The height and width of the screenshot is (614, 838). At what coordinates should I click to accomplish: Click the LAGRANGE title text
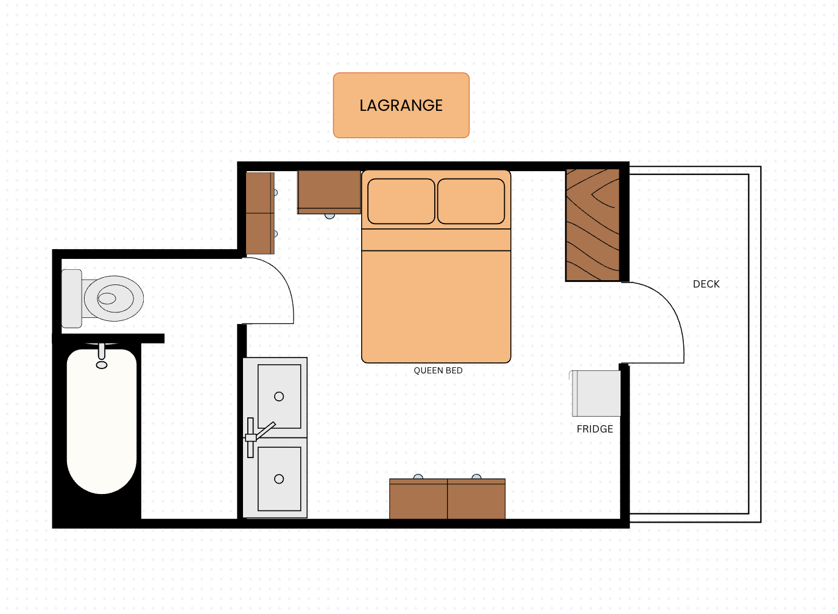coord(401,105)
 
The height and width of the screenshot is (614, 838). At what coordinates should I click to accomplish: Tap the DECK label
coord(706,284)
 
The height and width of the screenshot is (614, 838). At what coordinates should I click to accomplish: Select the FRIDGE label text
coord(594,429)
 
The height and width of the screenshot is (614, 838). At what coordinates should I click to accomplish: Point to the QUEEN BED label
coord(438,370)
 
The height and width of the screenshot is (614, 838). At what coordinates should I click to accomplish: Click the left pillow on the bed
coord(401,201)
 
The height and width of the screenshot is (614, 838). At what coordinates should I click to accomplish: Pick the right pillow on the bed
coord(471,201)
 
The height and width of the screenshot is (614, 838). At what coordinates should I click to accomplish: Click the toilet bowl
coord(113,298)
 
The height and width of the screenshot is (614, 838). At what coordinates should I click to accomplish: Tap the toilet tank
coord(71,298)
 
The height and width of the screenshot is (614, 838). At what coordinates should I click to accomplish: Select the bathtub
coord(101,422)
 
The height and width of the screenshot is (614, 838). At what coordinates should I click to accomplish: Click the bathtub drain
coord(101,365)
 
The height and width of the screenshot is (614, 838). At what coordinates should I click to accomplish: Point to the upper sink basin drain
coord(279,397)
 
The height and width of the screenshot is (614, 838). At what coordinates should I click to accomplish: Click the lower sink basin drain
coord(279,479)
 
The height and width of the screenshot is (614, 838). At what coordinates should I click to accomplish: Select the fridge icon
coord(595,393)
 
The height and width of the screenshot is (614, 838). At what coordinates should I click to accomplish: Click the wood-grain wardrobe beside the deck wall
coord(593,225)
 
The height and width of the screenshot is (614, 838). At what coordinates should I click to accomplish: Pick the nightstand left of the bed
coord(329,192)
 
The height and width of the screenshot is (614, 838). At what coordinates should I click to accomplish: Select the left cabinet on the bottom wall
coord(418,499)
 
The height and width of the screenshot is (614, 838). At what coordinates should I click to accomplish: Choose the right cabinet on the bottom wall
coord(476,499)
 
